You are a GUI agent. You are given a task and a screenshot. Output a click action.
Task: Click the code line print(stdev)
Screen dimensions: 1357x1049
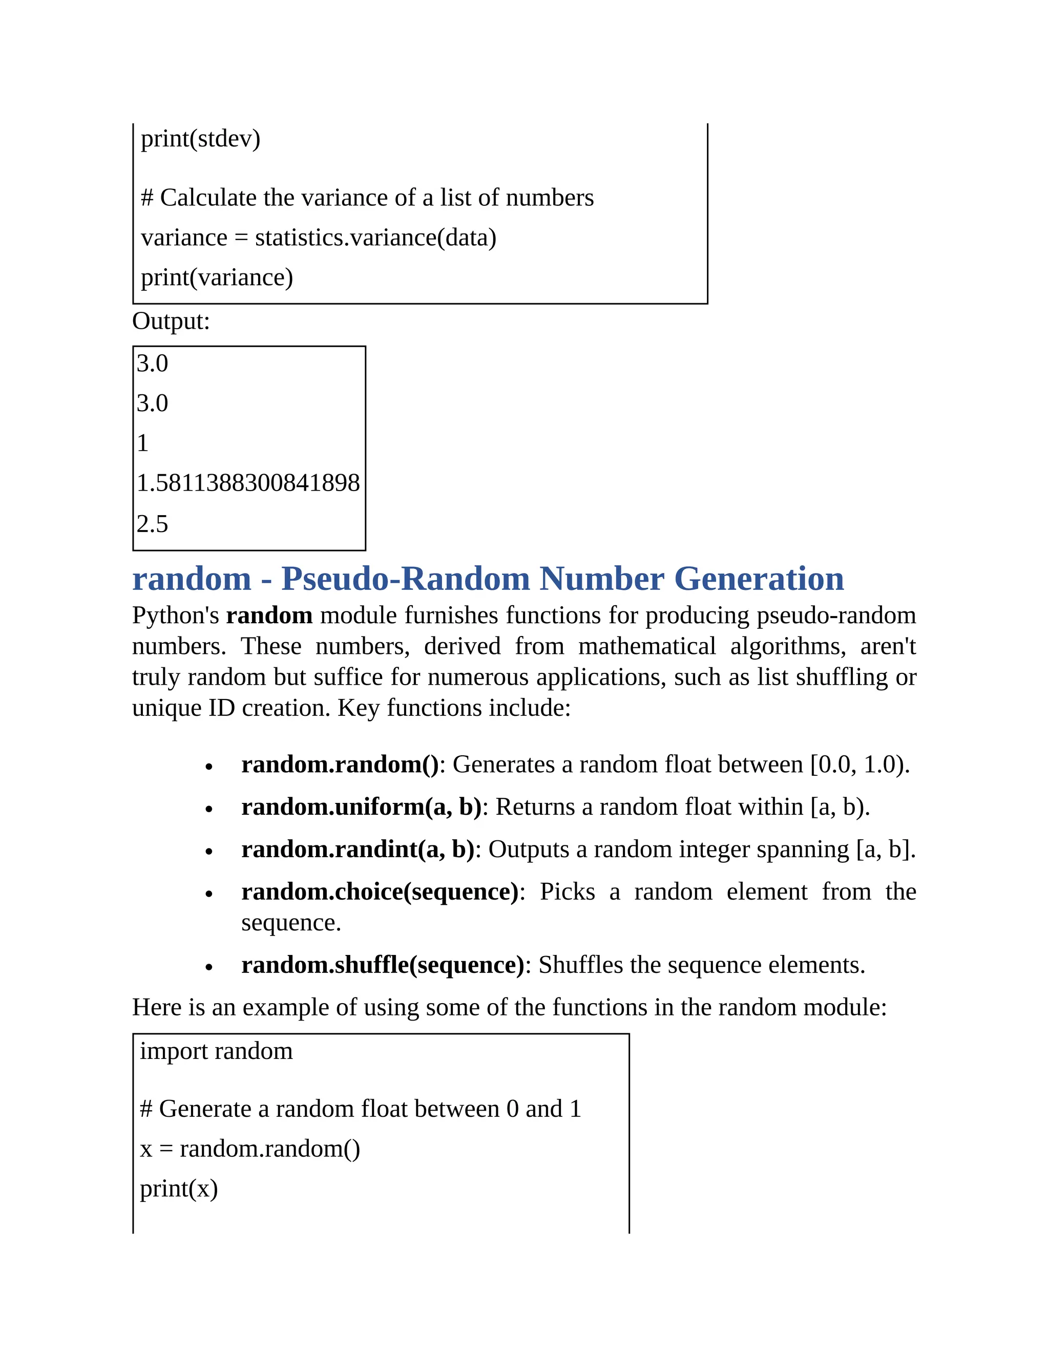[x=200, y=139]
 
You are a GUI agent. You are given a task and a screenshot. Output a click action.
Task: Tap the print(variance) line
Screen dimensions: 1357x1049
[x=216, y=277]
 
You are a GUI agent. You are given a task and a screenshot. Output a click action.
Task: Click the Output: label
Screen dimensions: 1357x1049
[x=171, y=321]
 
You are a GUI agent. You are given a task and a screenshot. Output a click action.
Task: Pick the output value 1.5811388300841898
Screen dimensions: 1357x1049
[x=248, y=483]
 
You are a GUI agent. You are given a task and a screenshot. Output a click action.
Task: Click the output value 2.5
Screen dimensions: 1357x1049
[x=152, y=524]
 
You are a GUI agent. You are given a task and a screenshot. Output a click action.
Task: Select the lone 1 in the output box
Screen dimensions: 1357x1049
[x=143, y=443]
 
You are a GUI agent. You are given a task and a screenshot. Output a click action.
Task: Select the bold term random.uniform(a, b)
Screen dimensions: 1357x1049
[x=361, y=807]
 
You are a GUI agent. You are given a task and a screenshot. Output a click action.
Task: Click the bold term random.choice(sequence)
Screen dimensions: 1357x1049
[x=380, y=892]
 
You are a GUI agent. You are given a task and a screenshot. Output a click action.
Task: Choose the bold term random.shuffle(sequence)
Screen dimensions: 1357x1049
[x=383, y=965]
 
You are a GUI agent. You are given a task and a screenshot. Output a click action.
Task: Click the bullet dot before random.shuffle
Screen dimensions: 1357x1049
[x=209, y=967]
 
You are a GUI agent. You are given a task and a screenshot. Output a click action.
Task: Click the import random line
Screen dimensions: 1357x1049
[x=216, y=1051]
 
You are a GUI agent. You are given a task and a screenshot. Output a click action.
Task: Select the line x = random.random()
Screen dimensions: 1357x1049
[x=250, y=1149]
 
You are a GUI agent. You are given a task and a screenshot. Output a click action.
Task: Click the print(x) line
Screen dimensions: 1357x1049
[x=178, y=1189]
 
